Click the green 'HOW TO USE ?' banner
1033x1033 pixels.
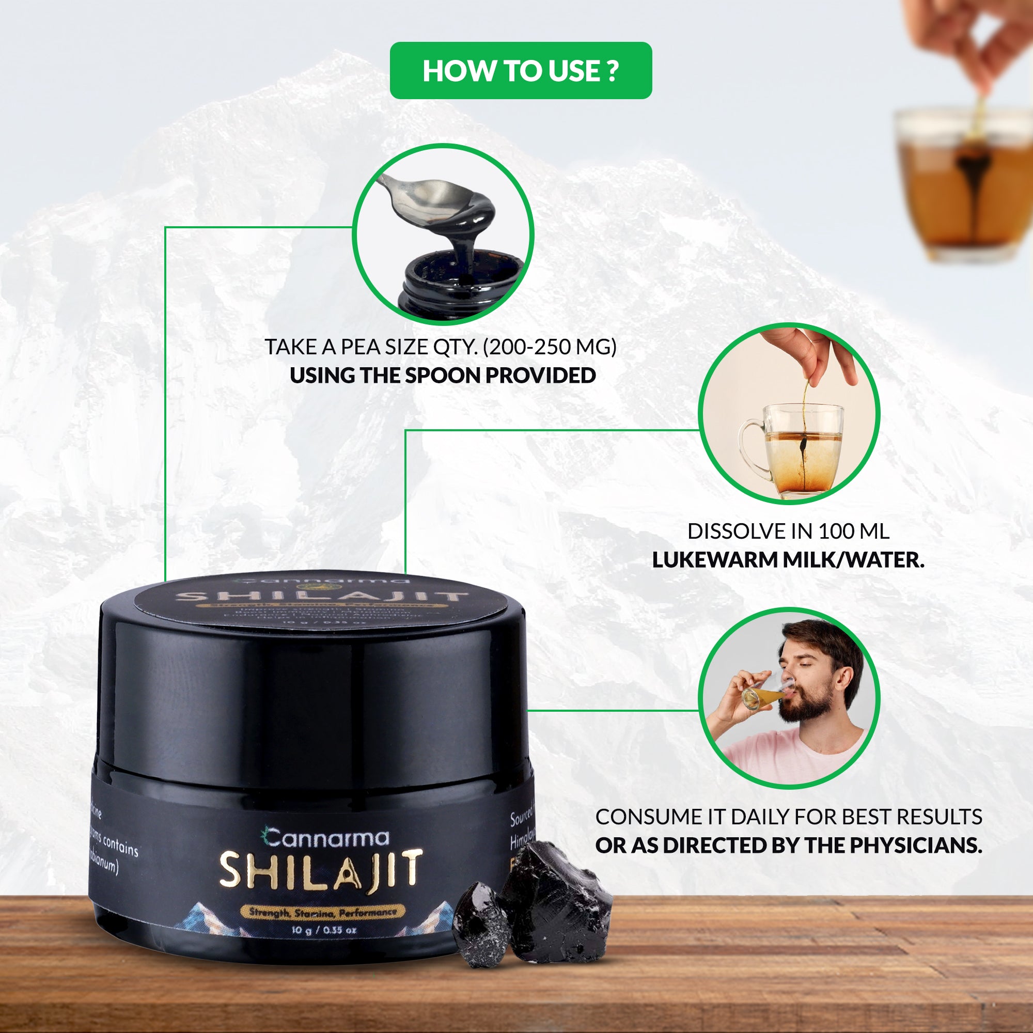tap(520, 71)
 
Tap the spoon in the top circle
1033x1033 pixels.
tap(428, 196)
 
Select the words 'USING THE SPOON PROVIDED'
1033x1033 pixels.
tap(443, 375)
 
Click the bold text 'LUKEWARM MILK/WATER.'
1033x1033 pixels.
tap(788, 560)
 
